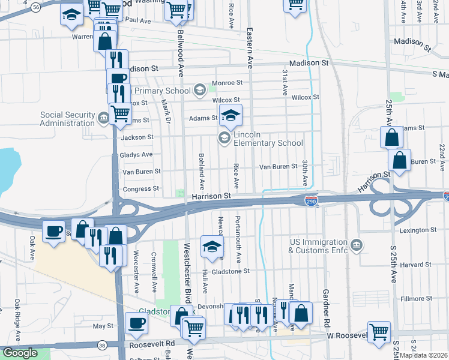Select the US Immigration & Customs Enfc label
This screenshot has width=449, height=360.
click(x=319, y=245)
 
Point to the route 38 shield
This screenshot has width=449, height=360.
click(x=103, y=345)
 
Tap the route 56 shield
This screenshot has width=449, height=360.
click(x=37, y=7)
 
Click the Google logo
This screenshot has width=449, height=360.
click(x=20, y=353)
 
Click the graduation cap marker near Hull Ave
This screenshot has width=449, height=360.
click(x=211, y=247)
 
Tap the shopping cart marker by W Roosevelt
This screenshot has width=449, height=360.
click(x=379, y=331)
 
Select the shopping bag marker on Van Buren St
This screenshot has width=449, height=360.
click(x=399, y=160)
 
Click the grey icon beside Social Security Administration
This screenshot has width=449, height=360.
click(x=104, y=116)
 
